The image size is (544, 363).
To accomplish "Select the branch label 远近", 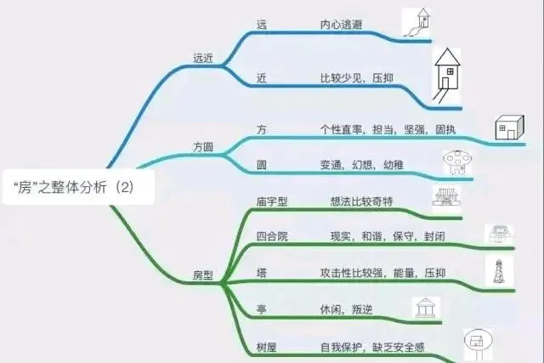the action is click(x=204, y=58).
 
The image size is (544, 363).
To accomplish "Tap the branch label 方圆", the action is click(x=203, y=146).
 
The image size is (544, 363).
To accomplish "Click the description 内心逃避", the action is click(x=342, y=25).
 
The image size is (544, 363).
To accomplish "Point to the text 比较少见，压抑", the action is click(x=356, y=78).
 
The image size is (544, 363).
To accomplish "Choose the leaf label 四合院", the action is click(x=272, y=236).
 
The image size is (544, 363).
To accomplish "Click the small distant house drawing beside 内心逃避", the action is click(x=417, y=22).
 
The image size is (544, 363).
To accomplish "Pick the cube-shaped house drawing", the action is click(x=509, y=128).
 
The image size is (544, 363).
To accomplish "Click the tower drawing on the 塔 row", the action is click(x=498, y=270).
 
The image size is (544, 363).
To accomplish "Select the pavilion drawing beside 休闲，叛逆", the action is click(x=426, y=308).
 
